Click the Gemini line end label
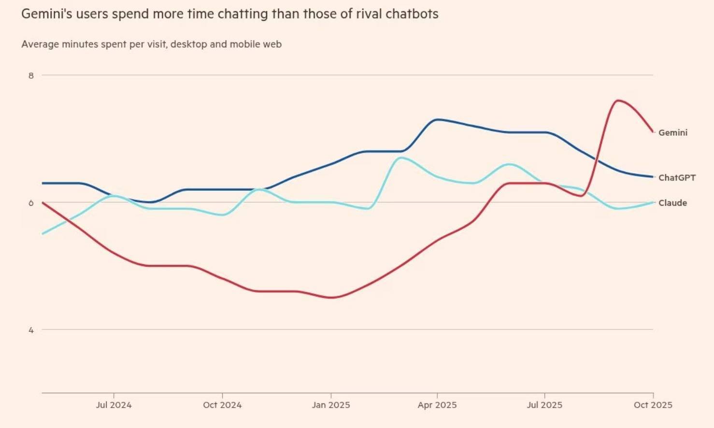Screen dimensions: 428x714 [672, 132]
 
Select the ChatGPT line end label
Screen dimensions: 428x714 [677, 178]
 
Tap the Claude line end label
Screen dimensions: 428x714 [672, 203]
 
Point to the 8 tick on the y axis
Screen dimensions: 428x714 [31, 75]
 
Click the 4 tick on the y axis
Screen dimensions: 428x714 [31, 330]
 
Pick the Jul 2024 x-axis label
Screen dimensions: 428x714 [114, 405]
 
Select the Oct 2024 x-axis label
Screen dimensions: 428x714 [222, 405]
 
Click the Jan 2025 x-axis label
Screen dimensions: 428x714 [331, 405]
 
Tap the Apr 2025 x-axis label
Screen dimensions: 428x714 [437, 405]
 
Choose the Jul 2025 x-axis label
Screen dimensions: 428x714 [544, 405]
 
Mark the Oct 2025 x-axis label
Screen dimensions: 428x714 [653, 405]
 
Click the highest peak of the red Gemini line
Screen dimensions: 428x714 [617, 100]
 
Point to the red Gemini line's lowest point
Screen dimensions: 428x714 [331, 298]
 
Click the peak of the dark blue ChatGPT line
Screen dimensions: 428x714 [437, 119]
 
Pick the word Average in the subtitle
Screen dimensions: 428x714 [39, 44]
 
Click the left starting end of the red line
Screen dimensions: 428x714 [43, 202]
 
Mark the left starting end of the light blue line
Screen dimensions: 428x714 [43, 234]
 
